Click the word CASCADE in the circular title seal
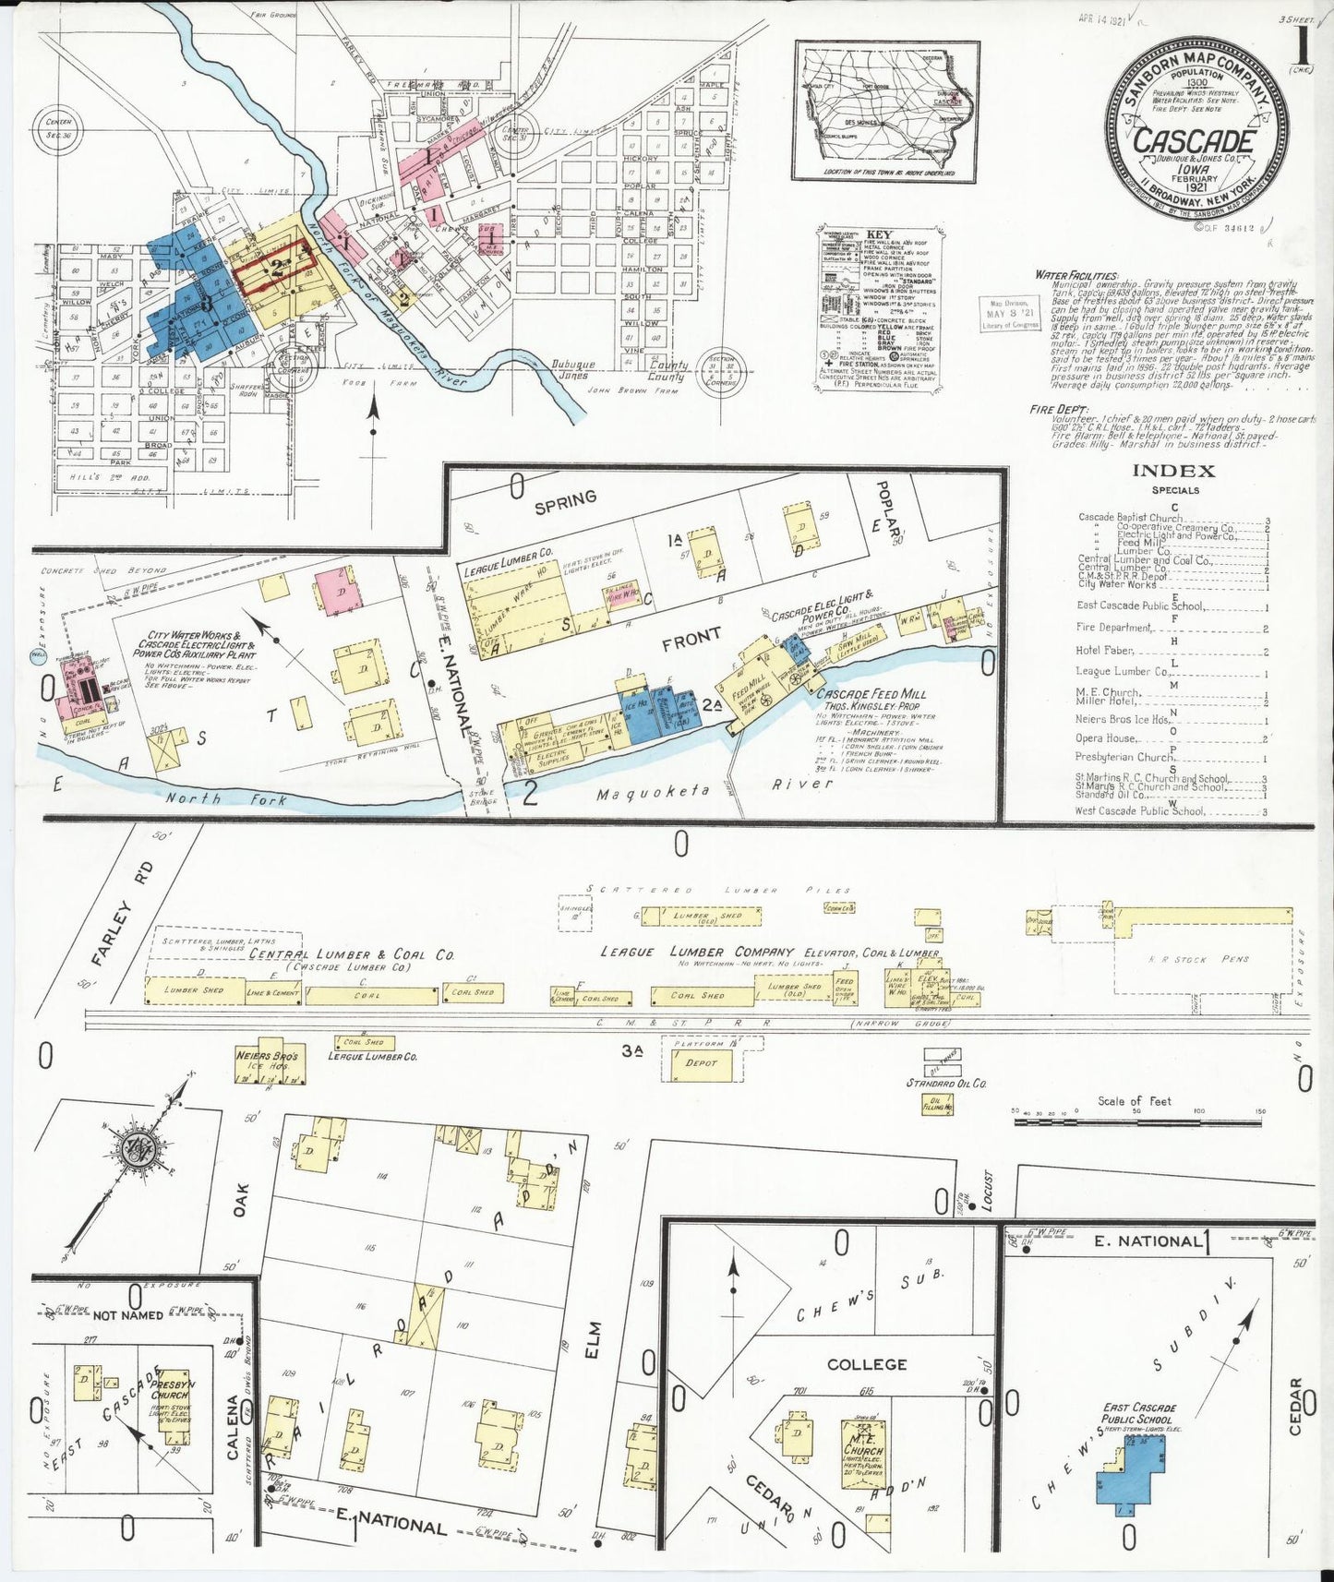click(1193, 141)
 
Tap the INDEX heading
click(1173, 471)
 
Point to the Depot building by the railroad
click(701, 1063)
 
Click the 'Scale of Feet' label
click(1135, 1100)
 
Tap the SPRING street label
click(565, 499)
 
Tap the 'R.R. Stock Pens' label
click(1197, 959)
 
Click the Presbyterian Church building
click(171, 1407)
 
